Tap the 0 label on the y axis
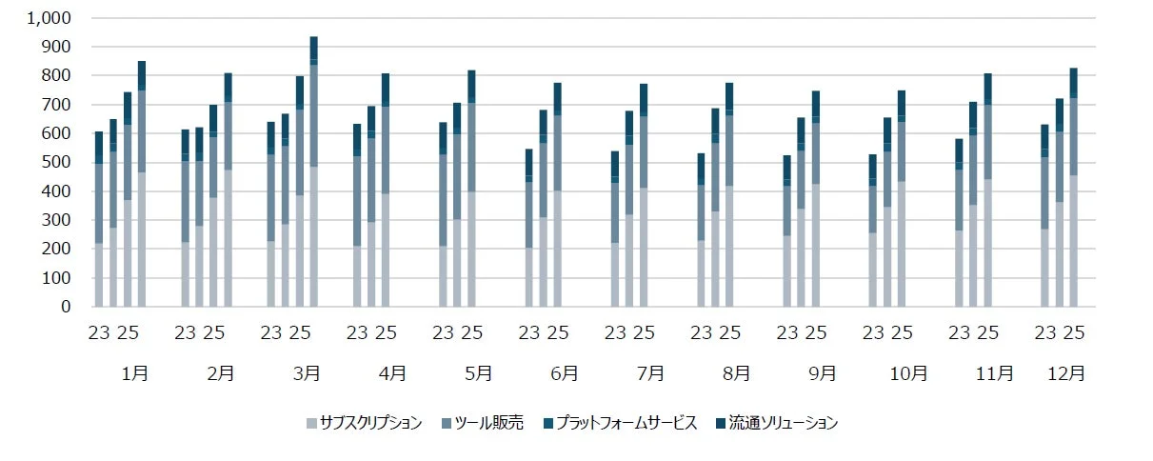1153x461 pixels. tap(65, 307)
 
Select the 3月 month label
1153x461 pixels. tap(306, 374)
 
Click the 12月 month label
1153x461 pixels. tap(1065, 374)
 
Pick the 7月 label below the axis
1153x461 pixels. tap(650, 374)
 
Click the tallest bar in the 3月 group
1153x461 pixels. tap(314, 171)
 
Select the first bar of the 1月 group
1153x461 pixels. tap(99, 219)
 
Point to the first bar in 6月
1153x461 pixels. tap(529, 229)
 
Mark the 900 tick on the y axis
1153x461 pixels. tap(55, 47)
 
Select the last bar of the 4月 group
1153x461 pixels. tap(386, 190)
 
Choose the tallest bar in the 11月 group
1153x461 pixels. tap(987, 190)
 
